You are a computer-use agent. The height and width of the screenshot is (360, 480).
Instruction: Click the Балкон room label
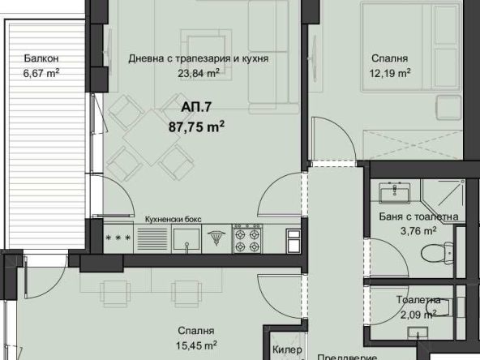pyautogui.click(x=41, y=59)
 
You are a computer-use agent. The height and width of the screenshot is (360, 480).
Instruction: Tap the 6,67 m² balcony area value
pyautogui.click(x=41, y=72)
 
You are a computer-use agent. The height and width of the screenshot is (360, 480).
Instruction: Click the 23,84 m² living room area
pyautogui.click(x=199, y=72)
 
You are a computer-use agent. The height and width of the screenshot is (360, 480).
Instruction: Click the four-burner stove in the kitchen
pyautogui.click(x=247, y=238)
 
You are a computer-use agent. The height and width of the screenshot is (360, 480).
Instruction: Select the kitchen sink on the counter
pyautogui.click(x=188, y=238)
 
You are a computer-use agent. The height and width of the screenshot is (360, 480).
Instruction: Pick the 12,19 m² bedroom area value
pyautogui.click(x=389, y=72)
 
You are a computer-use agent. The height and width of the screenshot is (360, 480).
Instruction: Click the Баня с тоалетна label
pyautogui.click(x=419, y=216)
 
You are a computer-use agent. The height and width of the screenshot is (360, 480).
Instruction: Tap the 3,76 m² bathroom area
pyautogui.click(x=419, y=230)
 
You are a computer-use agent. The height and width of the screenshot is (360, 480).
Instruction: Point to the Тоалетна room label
pyautogui.click(x=418, y=299)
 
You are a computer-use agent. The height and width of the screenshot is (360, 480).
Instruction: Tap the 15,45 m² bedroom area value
pyautogui.click(x=198, y=345)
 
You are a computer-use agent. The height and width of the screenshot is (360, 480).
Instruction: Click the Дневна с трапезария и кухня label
pyautogui.click(x=199, y=59)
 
